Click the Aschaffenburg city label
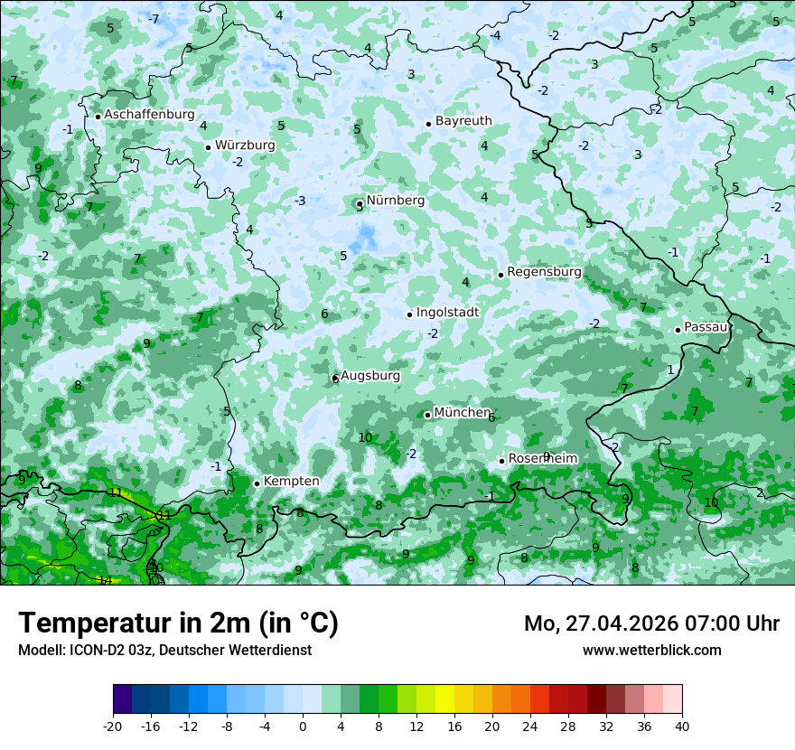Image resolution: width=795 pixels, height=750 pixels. tap(149, 115)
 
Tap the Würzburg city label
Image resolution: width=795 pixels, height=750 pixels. tap(245, 145)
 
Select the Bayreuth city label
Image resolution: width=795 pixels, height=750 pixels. tap(463, 121)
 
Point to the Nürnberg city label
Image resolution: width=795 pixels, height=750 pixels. tap(395, 201)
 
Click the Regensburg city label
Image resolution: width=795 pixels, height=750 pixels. tap(544, 272)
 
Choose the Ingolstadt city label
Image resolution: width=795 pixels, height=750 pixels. tap(447, 313)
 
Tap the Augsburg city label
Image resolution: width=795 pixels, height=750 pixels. tap(369, 376)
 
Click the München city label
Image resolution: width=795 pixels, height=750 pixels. tap(462, 413)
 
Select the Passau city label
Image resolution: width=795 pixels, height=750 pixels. tap(706, 327)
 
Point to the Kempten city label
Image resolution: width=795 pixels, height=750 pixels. tap(291, 482)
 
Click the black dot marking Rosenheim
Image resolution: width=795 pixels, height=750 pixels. tap(501, 461)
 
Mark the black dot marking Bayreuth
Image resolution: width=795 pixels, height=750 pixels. tap(428, 124)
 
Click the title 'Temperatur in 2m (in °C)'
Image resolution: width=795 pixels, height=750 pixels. tap(178, 623)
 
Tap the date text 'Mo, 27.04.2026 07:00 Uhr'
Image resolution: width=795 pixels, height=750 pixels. tap(651, 623)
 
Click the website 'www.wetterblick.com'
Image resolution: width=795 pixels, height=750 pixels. tap(651, 650)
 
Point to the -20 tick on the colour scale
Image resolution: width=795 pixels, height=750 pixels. tap(113, 726)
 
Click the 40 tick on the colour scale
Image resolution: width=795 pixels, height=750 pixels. tap(682, 726)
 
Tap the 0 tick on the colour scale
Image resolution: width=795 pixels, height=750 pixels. tap(303, 726)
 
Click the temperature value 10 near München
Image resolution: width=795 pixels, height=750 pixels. tap(365, 438)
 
